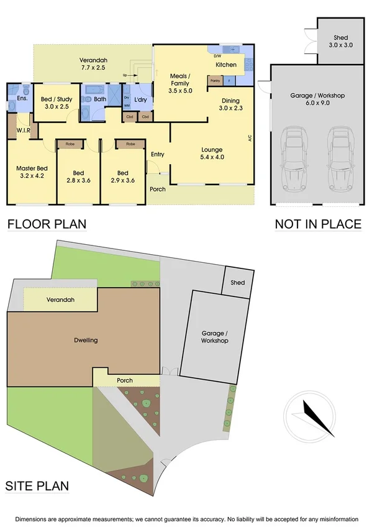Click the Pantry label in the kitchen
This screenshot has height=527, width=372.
pos(215,81)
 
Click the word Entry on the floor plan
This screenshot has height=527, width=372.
pos(158,154)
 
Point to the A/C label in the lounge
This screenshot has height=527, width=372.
pos(250,138)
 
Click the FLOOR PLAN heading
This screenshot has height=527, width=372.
pos(47,224)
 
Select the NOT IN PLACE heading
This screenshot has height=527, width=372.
pos(318,224)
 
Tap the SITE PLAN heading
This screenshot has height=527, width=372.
pos(37,486)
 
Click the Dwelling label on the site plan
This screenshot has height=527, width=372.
pos(86,340)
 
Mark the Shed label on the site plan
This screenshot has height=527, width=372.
pos(238,283)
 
